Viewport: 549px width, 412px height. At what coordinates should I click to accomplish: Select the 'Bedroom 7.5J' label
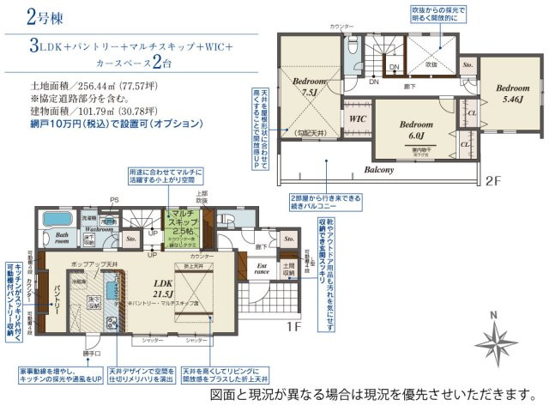(305, 86)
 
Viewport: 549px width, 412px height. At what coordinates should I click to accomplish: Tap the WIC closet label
(357, 119)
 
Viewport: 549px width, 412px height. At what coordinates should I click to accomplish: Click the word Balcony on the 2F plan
(377, 170)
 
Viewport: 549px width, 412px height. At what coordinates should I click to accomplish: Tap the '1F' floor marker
(293, 326)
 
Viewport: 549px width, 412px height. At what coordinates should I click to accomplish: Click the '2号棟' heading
(25, 17)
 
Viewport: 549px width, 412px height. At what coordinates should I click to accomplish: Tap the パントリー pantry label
(57, 296)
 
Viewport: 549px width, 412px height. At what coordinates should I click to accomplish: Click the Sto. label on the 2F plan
(468, 64)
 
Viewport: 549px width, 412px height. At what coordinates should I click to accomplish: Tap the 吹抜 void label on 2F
(431, 64)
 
